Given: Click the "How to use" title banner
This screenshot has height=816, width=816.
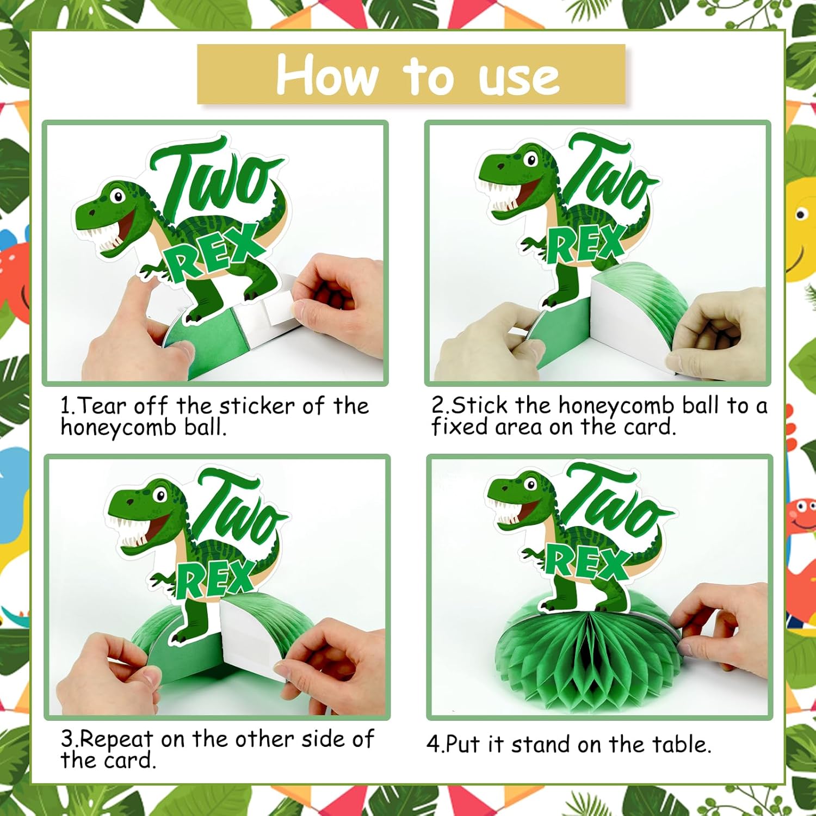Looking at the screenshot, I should (411, 75).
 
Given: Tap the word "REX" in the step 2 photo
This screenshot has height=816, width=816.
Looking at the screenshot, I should (586, 245).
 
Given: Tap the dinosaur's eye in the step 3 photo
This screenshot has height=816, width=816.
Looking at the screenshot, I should (160, 495).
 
